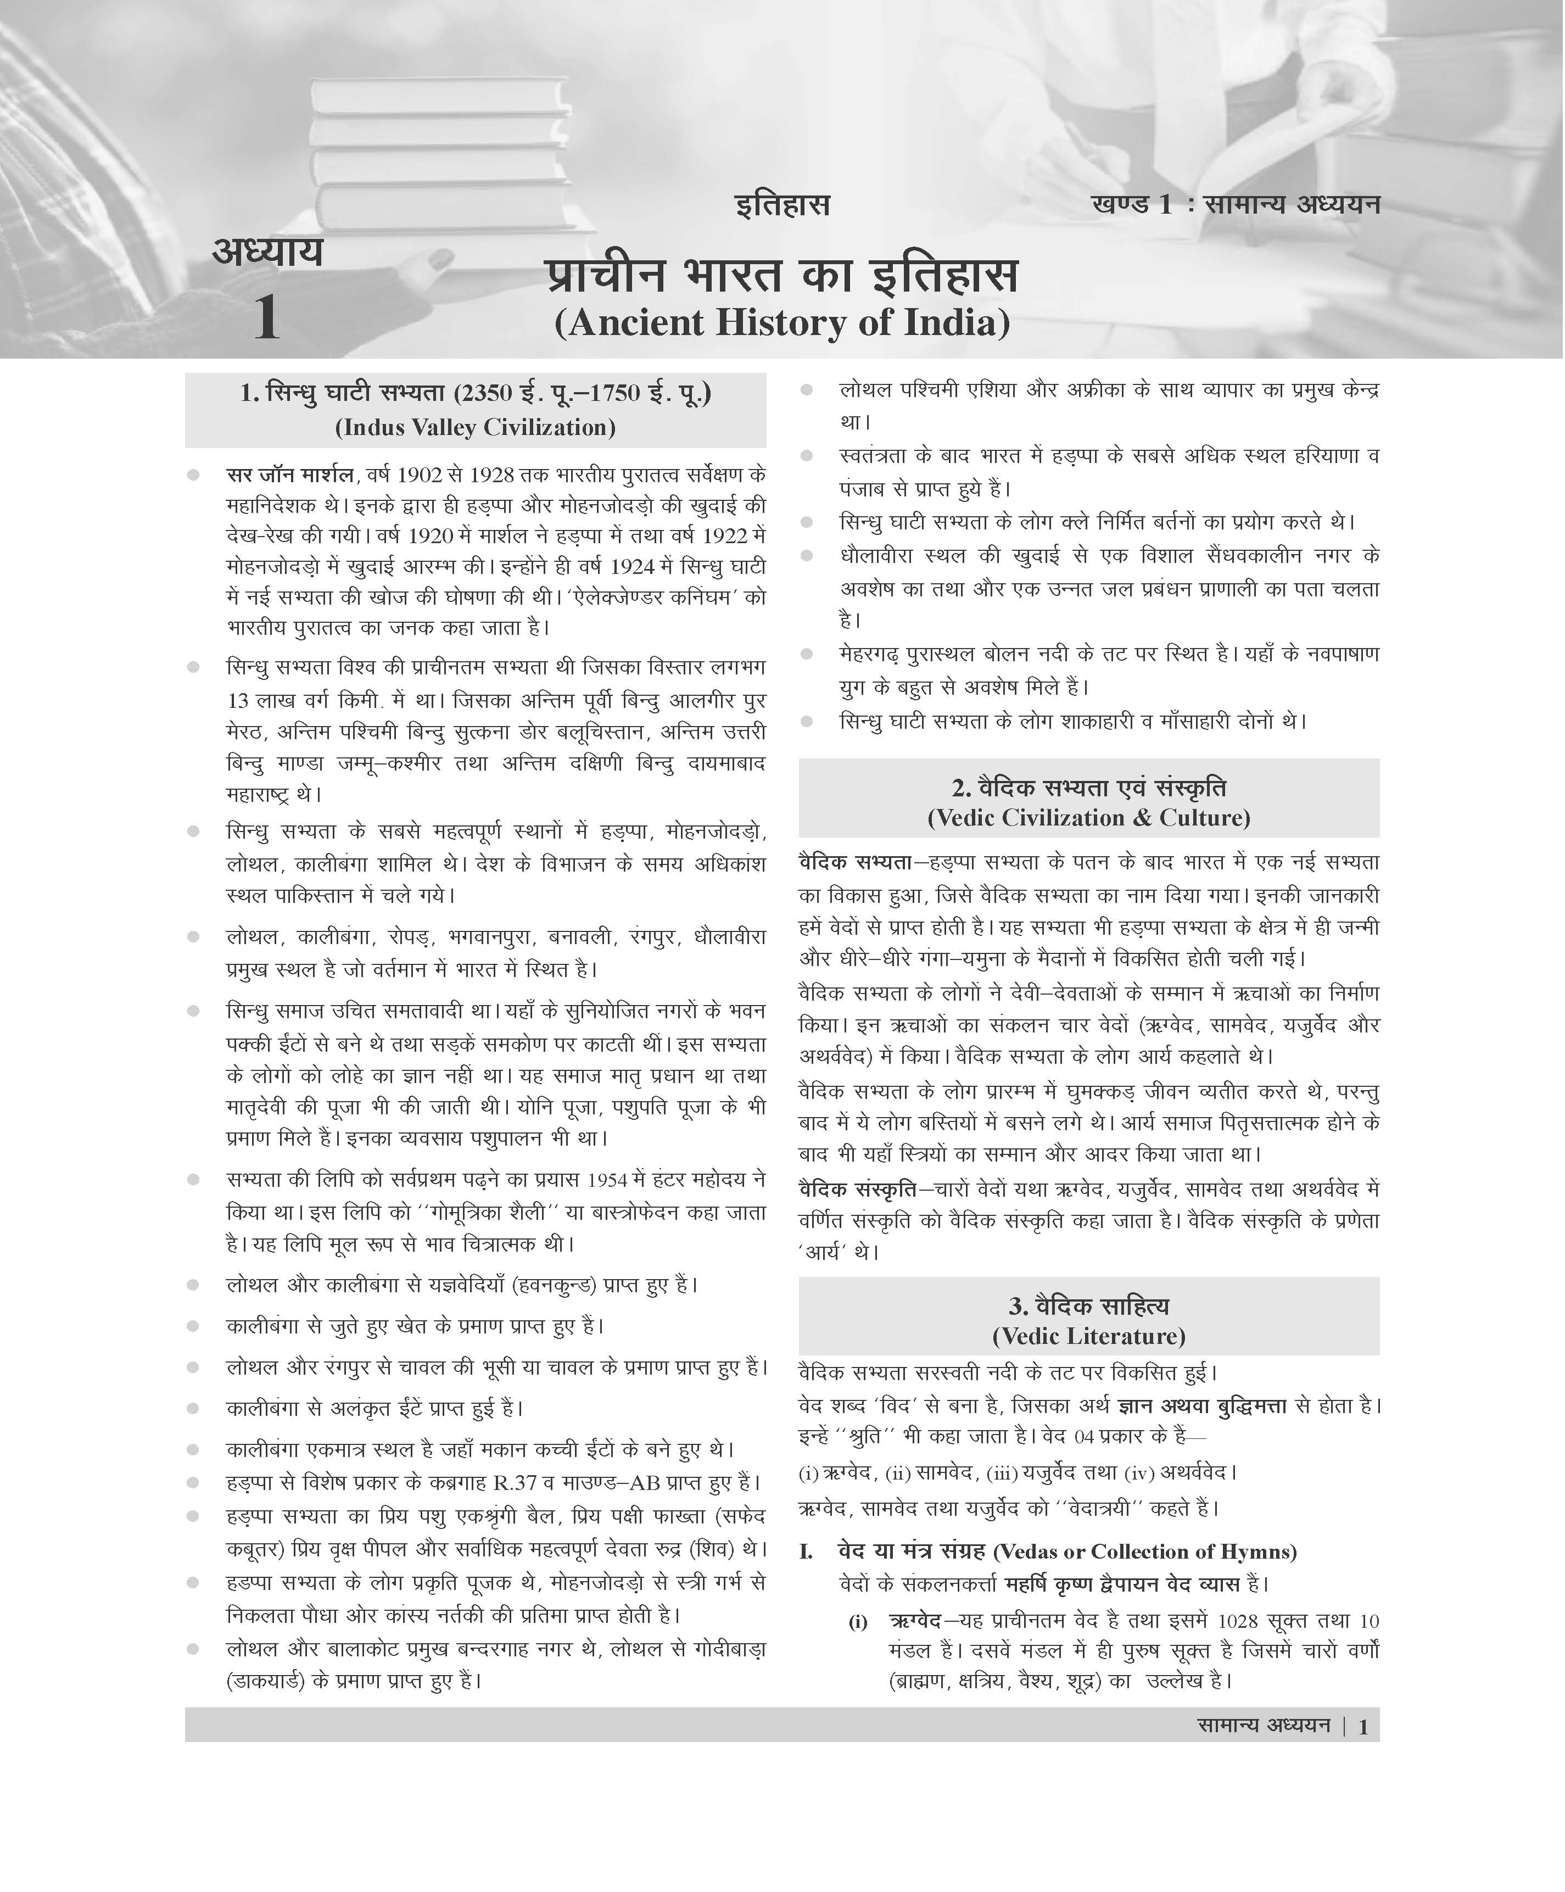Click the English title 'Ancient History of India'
click(x=782, y=322)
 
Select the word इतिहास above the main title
click(x=782, y=205)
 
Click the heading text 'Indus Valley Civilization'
click(x=475, y=427)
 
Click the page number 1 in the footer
click(x=1363, y=1727)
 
